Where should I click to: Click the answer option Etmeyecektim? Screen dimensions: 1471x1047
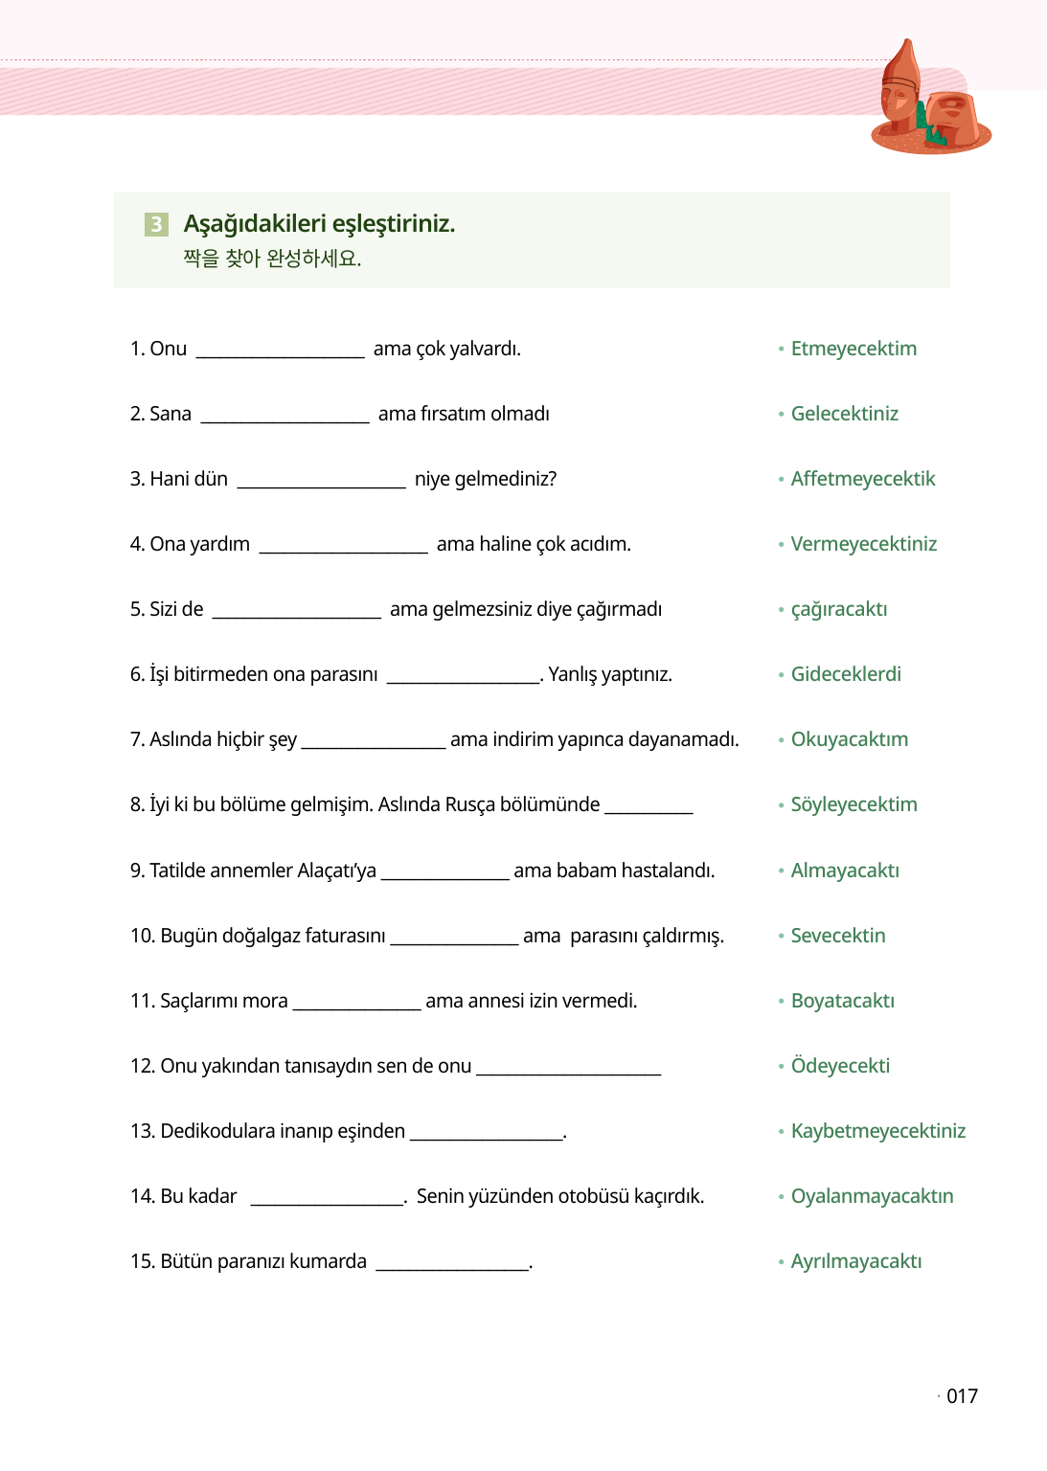(x=854, y=349)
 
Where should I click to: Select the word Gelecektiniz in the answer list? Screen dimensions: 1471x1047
(x=844, y=414)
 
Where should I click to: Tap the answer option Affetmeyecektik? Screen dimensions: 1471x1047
(x=862, y=479)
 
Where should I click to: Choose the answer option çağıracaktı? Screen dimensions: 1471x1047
(x=838, y=610)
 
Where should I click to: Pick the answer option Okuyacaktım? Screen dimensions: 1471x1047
(x=849, y=739)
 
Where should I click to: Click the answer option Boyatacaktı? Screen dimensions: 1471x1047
(x=842, y=1001)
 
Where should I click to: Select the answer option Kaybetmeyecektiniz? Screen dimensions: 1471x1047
(x=877, y=1131)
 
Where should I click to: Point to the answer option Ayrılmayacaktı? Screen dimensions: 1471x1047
(x=855, y=1261)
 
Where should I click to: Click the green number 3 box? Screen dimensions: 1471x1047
(x=156, y=224)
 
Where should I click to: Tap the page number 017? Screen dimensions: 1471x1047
(x=962, y=1396)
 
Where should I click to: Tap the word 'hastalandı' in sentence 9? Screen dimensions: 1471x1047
(x=665, y=871)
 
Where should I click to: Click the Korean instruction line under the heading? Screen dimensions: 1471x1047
(x=272, y=259)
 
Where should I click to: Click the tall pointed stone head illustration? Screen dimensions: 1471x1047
(x=900, y=86)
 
